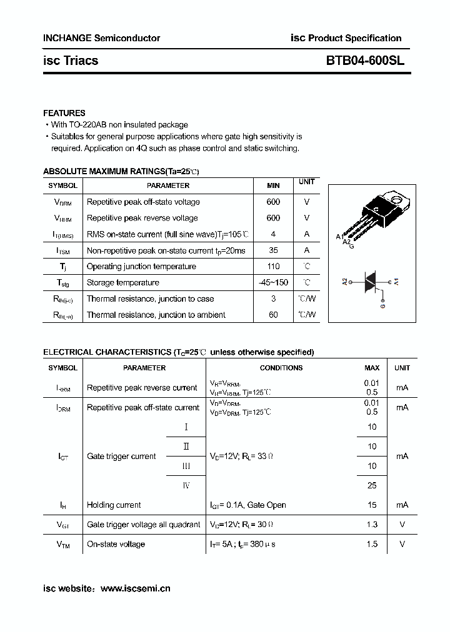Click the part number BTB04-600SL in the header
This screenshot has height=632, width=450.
365,61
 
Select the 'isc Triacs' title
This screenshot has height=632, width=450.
71,61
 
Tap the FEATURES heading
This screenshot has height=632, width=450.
64,113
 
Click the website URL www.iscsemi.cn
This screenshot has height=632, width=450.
135,588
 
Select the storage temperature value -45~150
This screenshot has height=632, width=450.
273,282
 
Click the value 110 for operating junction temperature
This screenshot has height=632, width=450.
273,266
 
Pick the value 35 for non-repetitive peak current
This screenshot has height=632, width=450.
273,250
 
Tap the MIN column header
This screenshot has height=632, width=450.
273,185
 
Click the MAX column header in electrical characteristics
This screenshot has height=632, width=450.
372,368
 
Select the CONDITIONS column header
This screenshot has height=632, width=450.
281,368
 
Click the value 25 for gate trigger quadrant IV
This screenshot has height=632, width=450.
372,485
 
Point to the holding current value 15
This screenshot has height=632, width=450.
372,505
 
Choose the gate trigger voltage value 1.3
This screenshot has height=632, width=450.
372,525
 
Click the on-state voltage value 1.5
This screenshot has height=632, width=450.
372,544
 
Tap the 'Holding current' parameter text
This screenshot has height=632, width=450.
114,505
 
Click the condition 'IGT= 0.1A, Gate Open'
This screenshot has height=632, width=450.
247,505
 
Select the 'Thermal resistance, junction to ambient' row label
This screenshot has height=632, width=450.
156,315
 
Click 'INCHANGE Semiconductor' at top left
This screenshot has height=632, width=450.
101,38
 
